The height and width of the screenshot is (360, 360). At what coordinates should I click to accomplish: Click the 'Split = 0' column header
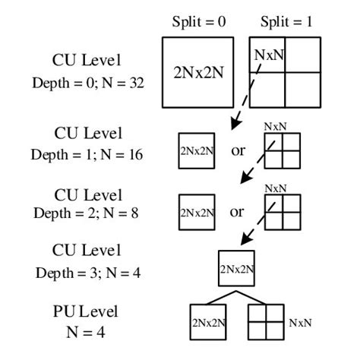coord(200,23)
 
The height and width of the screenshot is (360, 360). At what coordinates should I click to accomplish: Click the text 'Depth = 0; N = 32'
coord(87,82)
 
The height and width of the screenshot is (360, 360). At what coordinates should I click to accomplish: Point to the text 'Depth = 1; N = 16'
coord(87,154)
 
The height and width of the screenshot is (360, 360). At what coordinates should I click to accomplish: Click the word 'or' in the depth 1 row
coord(238,150)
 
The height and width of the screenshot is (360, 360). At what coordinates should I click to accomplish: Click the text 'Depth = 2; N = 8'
coord(87,213)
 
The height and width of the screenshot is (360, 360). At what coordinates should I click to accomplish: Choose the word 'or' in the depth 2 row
coord(238,212)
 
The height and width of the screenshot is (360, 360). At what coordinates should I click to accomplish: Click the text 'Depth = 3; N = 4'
coord(87,272)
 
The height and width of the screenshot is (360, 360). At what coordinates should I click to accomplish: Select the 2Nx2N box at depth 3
coord(236,268)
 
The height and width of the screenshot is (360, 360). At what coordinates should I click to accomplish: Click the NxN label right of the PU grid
coord(300,323)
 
